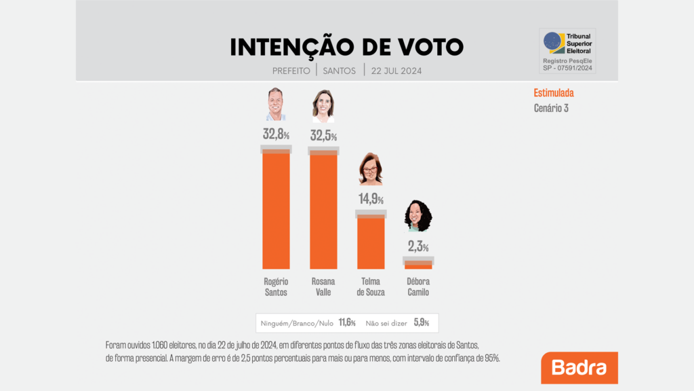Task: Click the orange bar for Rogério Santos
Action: tap(276, 210)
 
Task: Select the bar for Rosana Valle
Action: tap(323, 210)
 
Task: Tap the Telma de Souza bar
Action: tap(371, 242)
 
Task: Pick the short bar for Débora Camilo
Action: tap(418, 265)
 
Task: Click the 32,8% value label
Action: tap(276, 134)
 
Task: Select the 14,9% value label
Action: tap(371, 199)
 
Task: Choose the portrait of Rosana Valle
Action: tap(323, 105)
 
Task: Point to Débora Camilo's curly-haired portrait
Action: tap(418, 216)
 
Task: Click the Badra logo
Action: tap(579, 368)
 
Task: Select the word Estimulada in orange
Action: tap(554, 94)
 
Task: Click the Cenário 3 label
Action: tap(551, 108)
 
